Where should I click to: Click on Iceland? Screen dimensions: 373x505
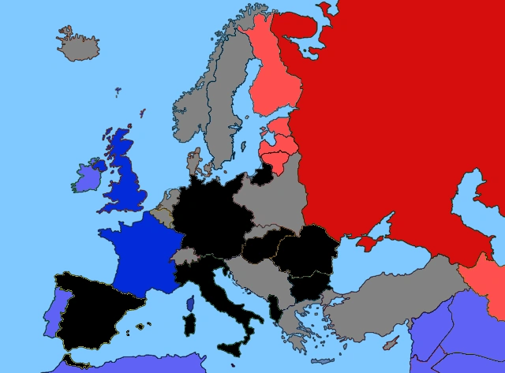[x=78, y=46]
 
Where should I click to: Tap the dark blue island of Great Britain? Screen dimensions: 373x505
[x=124, y=177]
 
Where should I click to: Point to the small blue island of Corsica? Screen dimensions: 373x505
[x=189, y=304]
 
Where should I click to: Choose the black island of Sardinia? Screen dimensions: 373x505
[x=189, y=328]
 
